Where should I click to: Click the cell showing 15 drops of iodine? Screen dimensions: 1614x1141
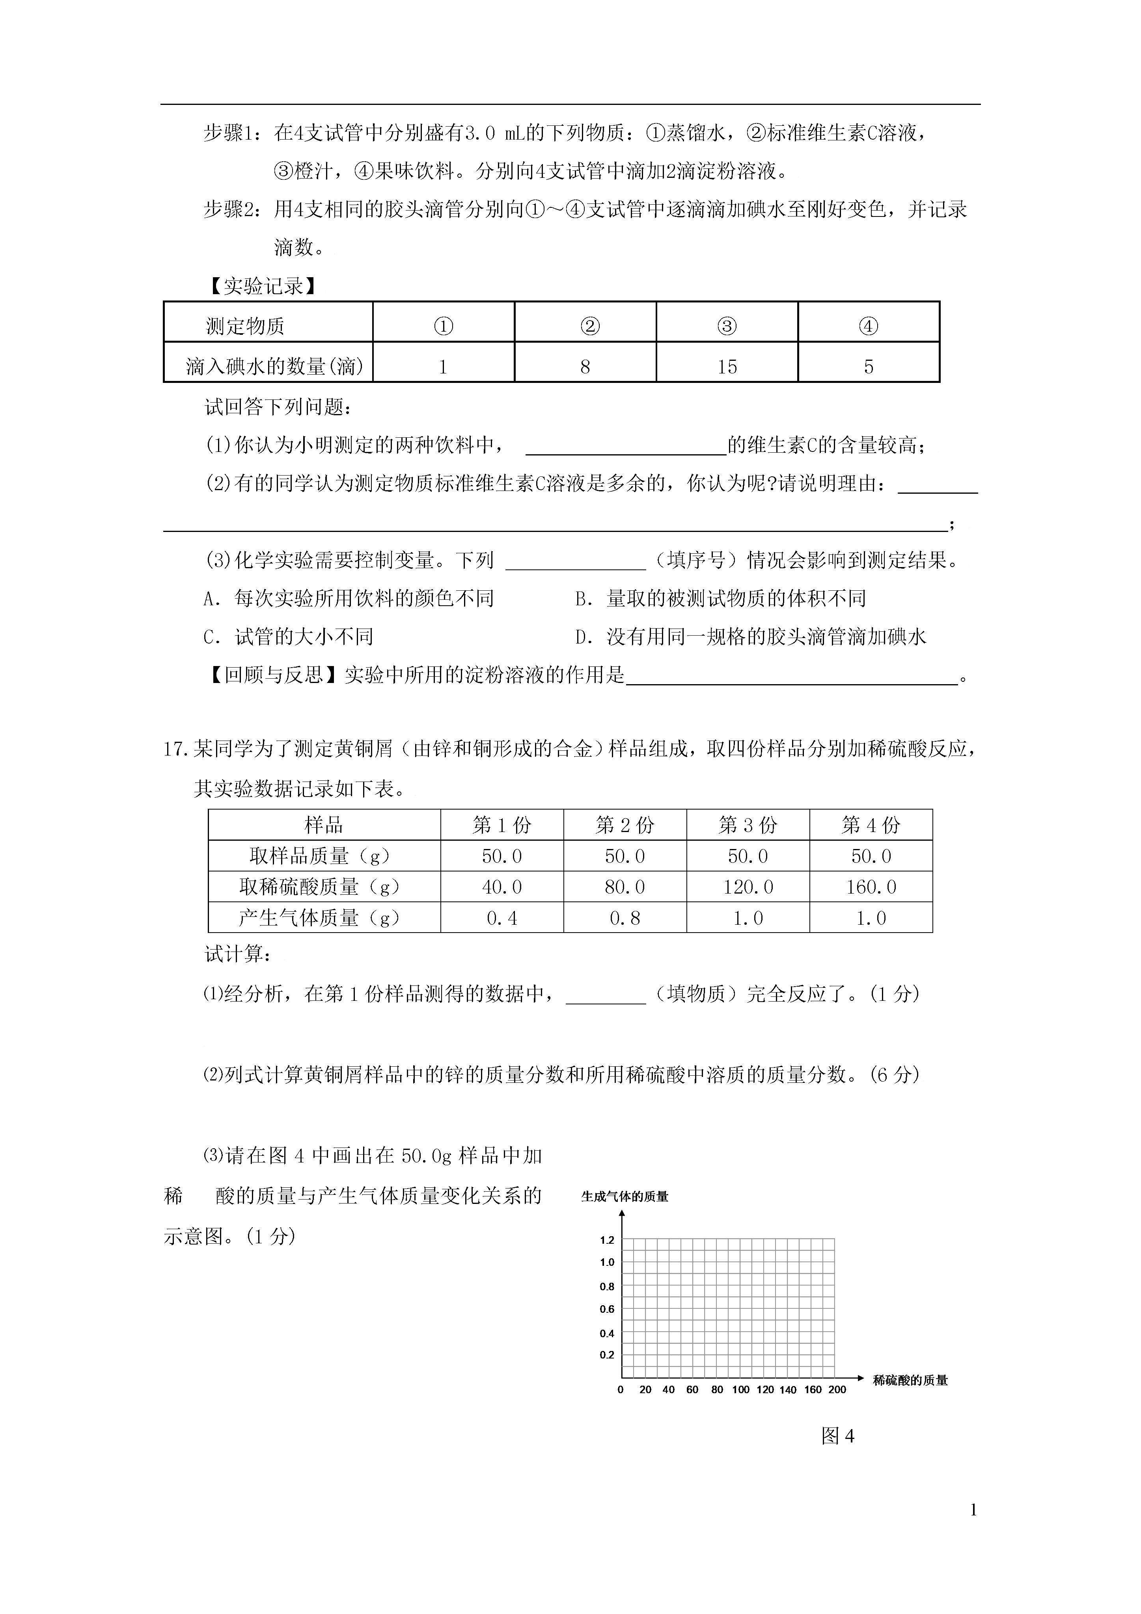pos(727,366)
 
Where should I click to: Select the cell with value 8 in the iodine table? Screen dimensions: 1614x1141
pos(585,366)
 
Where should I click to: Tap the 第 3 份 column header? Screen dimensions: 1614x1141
pos(748,825)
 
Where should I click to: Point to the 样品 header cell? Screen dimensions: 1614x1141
pos(324,825)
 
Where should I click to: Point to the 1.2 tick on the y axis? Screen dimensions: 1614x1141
pos(607,1240)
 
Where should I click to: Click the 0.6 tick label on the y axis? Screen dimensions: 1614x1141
pos(607,1309)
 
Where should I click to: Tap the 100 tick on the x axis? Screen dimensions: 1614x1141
pos(741,1390)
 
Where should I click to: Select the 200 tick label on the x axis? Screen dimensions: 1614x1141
pos(837,1390)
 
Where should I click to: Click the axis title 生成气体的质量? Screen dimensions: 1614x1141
pos(624,1196)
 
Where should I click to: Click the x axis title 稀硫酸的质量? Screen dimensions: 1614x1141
pos(910,1381)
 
